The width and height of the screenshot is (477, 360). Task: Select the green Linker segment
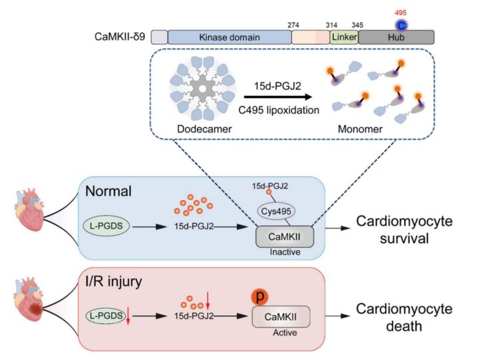click(344, 37)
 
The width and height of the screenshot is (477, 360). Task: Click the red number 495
click(400, 13)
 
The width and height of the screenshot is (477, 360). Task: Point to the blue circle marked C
click(400, 26)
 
